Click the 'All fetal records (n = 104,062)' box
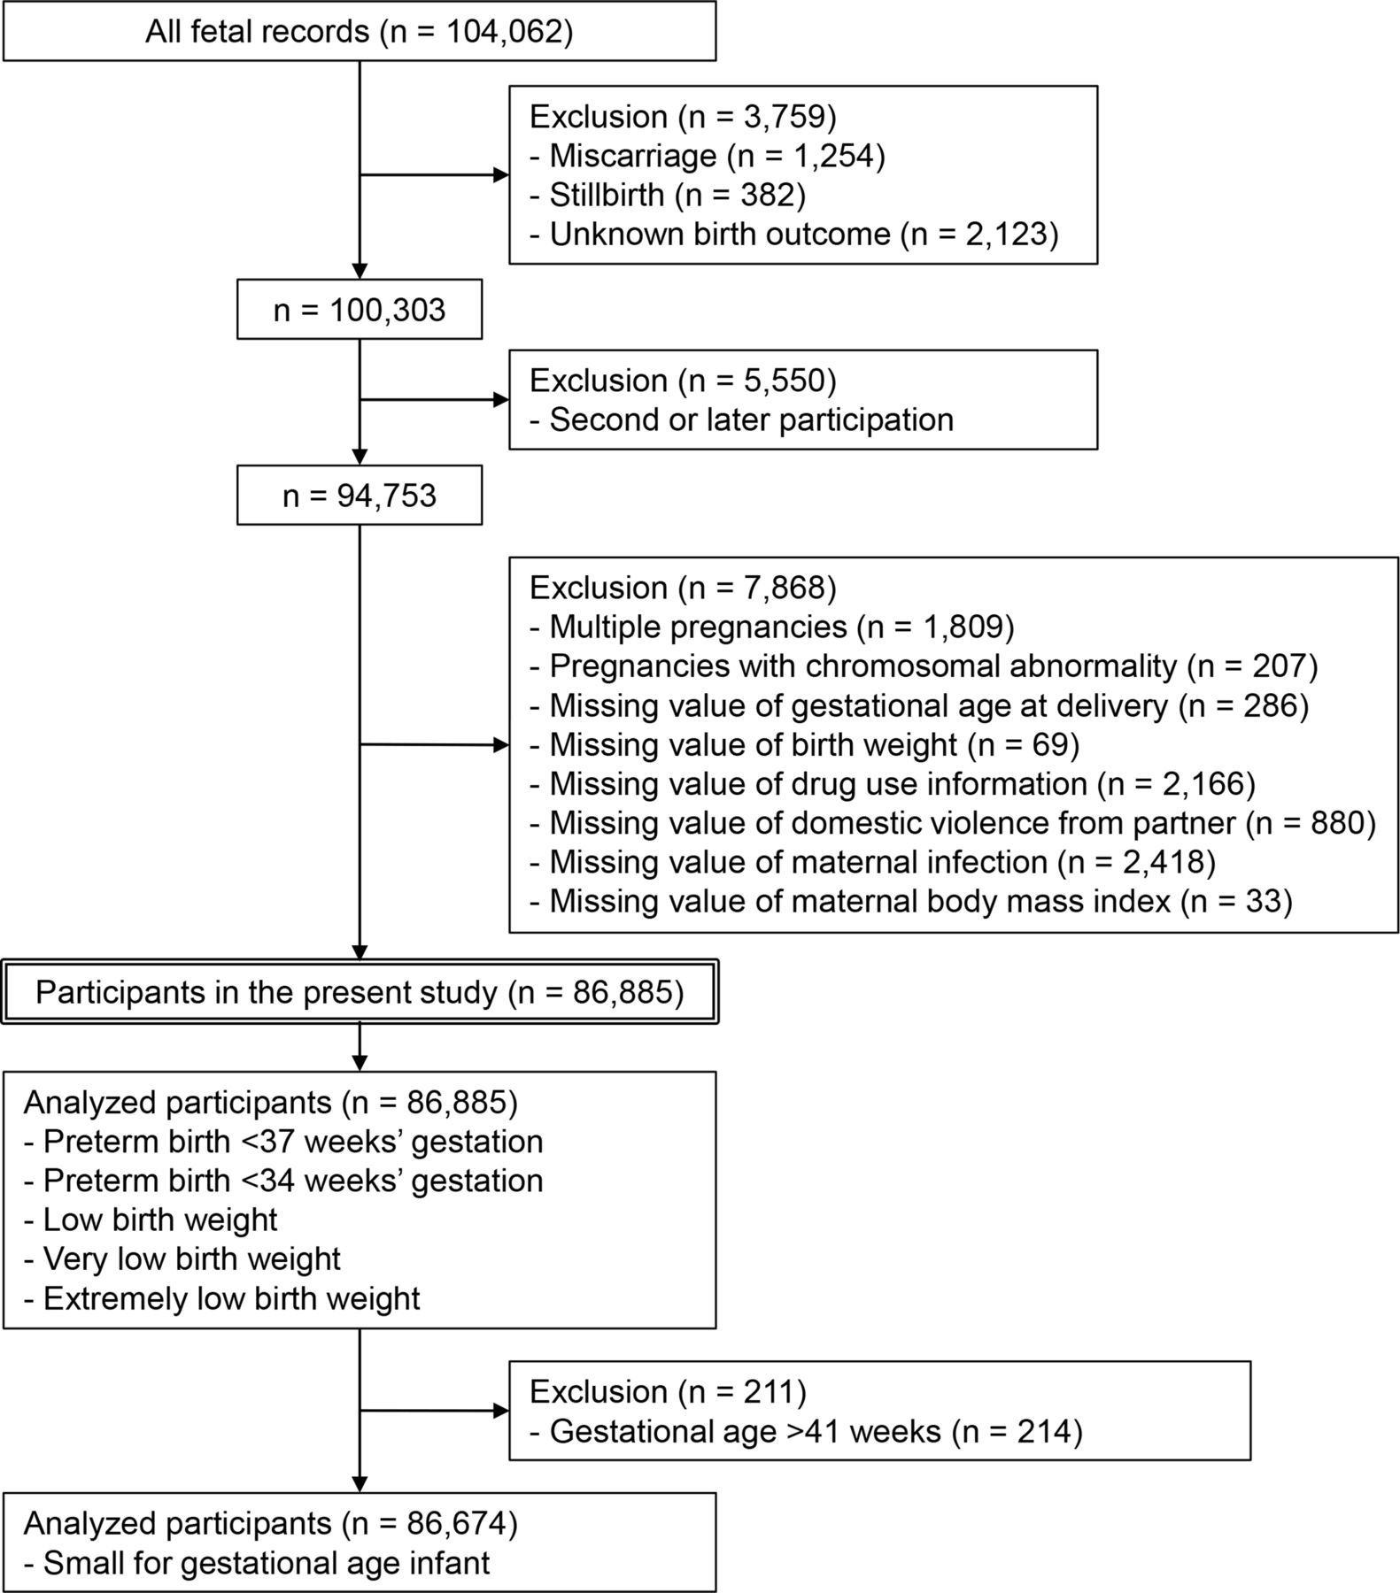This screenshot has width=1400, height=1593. [360, 31]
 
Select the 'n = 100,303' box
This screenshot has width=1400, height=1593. [360, 310]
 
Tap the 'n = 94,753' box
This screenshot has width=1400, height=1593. [360, 495]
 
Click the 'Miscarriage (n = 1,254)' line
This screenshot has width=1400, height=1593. [708, 156]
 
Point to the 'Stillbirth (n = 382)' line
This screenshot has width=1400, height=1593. [668, 195]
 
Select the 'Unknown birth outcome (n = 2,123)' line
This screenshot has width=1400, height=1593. [794, 234]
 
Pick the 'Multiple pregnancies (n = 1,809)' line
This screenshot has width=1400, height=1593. [772, 627]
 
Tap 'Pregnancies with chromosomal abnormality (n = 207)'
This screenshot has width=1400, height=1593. [924, 666]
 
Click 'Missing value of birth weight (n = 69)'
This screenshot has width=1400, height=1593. [805, 744]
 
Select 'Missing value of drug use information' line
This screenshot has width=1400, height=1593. [893, 783]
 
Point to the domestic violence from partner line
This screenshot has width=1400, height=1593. [953, 822]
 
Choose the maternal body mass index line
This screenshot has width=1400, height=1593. [911, 901]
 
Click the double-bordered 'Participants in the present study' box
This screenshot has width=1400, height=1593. [360, 992]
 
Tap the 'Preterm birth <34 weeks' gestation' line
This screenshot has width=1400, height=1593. [283, 1181]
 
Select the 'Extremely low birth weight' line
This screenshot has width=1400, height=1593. [222, 1298]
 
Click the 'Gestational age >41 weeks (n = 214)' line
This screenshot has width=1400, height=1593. [806, 1431]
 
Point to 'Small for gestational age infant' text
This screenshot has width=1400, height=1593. [257, 1563]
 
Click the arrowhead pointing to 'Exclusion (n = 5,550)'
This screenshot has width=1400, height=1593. [501, 400]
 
